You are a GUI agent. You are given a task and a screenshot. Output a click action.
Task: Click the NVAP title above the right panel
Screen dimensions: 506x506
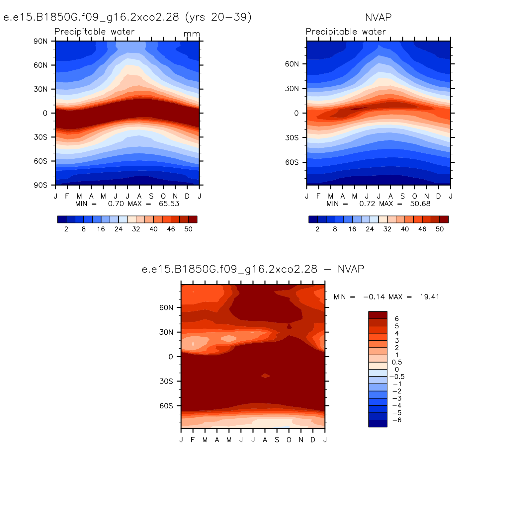click(378, 17)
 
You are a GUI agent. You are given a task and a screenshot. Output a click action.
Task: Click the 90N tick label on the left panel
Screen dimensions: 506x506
click(41, 41)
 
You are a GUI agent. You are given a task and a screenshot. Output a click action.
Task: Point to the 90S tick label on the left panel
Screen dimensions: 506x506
click(41, 185)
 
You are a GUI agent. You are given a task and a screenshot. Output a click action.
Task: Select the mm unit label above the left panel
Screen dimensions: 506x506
click(192, 34)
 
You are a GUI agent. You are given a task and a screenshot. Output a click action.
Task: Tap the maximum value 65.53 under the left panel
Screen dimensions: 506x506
click(169, 204)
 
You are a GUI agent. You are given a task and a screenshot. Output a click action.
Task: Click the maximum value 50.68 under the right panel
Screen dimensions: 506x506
click(420, 204)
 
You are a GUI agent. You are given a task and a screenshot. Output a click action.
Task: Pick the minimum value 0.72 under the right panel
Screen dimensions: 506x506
click(367, 204)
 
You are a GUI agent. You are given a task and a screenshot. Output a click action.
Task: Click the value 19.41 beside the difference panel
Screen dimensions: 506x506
click(430, 297)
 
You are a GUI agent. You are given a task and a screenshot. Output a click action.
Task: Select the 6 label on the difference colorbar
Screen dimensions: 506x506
click(397, 319)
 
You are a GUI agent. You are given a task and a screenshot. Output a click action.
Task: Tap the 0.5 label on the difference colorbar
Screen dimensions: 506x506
click(397, 362)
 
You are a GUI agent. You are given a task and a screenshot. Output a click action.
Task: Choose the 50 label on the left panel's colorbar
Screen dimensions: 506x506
click(188, 229)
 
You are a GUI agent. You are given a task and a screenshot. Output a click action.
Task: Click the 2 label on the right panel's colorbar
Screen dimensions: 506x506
click(317, 229)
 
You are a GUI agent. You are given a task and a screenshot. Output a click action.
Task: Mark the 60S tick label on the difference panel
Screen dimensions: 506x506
click(166, 406)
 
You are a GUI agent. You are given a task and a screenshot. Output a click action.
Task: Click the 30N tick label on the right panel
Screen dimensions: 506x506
click(292, 89)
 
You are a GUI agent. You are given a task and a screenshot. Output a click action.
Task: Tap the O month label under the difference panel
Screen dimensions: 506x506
click(289, 440)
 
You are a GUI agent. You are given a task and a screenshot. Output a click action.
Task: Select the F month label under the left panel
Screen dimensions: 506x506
click(67, 196)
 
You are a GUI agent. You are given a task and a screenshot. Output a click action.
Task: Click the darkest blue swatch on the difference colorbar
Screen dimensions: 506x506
click(378, 424)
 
